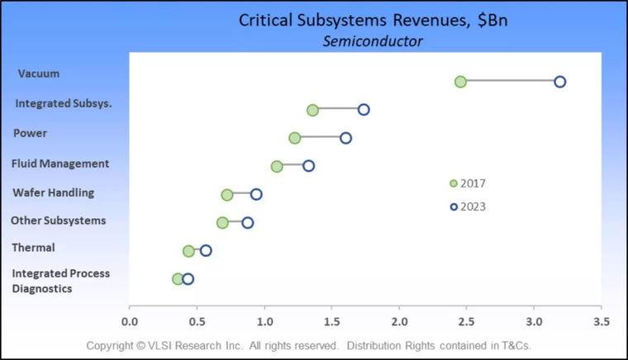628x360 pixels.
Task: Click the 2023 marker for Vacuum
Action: (x=559, y=82)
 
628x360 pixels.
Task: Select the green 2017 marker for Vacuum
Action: (x=460, y=82)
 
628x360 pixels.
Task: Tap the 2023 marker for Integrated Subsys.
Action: (x=364, y=110)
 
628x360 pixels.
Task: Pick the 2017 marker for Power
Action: (x=295, y=138)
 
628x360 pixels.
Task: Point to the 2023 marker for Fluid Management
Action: (x=308, y=166)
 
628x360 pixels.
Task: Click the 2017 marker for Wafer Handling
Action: (x=227, y=195)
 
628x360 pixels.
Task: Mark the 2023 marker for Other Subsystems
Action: (x=247, y=223)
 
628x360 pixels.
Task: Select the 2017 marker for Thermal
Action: (x=188, y=251)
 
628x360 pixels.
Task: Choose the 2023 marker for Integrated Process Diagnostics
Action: (x=188, y=279)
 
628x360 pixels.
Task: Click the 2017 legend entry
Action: (x=468, y=183)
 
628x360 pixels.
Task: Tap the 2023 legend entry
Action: (x=468, y=206)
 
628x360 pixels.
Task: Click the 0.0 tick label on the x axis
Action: (x=130, y=321)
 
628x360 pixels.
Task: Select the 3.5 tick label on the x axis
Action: (x=602, y=321)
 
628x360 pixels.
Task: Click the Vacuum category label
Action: (x=39, y=73)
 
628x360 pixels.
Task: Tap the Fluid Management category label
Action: (x=60, y=163)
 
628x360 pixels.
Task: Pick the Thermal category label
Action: (x=33, y=248)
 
